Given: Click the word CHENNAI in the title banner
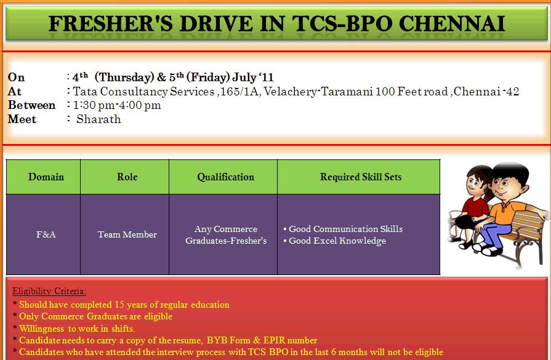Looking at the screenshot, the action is click(x=451, y=24).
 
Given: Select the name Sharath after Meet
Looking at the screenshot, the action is click(x=99, y=119).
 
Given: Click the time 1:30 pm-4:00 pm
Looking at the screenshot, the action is click(x=117, y=105).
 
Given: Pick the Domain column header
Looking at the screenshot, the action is click(x=46, y=177).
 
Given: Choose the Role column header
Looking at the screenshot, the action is click(x=127, y=177).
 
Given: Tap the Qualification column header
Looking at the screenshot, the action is click(x=225, y=177).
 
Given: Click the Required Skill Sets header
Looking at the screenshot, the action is click(x=361, y=177).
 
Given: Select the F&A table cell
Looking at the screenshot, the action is click(x=46, y=234).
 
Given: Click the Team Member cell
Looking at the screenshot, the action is click(x=127, y=234).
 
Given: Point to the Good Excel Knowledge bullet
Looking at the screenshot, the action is click(x=334, y=241).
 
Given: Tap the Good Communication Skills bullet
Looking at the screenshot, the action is click(x=343, y=229).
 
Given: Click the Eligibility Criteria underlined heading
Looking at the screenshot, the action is click(x=49, y=291).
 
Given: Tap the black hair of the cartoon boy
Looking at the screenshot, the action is click(x=510, y=172).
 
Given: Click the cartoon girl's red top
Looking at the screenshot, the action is click(x=475, y=207).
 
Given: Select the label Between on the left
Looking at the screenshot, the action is click(x=31, y=105).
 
